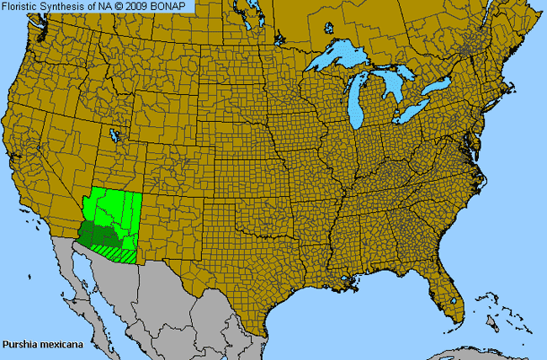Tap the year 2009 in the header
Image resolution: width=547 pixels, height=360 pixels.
point(140,6)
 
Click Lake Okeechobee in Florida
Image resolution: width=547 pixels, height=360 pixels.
point(455,300)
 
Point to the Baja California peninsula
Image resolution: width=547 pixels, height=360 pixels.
point(81,282)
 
